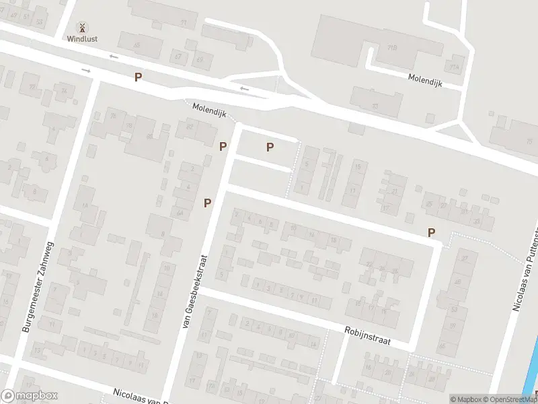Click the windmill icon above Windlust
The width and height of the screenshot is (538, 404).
[x=82, y=28]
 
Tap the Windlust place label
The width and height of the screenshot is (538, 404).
[x=82, y=39]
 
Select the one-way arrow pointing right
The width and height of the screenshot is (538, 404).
[x=86, y=70]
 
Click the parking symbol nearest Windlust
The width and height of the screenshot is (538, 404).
[x=138, y=77]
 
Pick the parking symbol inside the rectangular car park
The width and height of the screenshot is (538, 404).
[x=270, y=147]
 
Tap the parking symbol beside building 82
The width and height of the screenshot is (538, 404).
[x=223, y=145]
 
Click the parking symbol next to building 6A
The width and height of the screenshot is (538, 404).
[x=208, y=202]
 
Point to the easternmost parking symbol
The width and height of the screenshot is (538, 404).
[x=431, y=232]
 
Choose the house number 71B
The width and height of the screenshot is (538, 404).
[x=391, y=48]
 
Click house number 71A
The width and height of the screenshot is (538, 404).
[x=455, y=67]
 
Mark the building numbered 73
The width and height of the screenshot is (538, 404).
[x=374, y=106]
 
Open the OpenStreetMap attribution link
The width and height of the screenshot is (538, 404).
[x=512, y=399]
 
